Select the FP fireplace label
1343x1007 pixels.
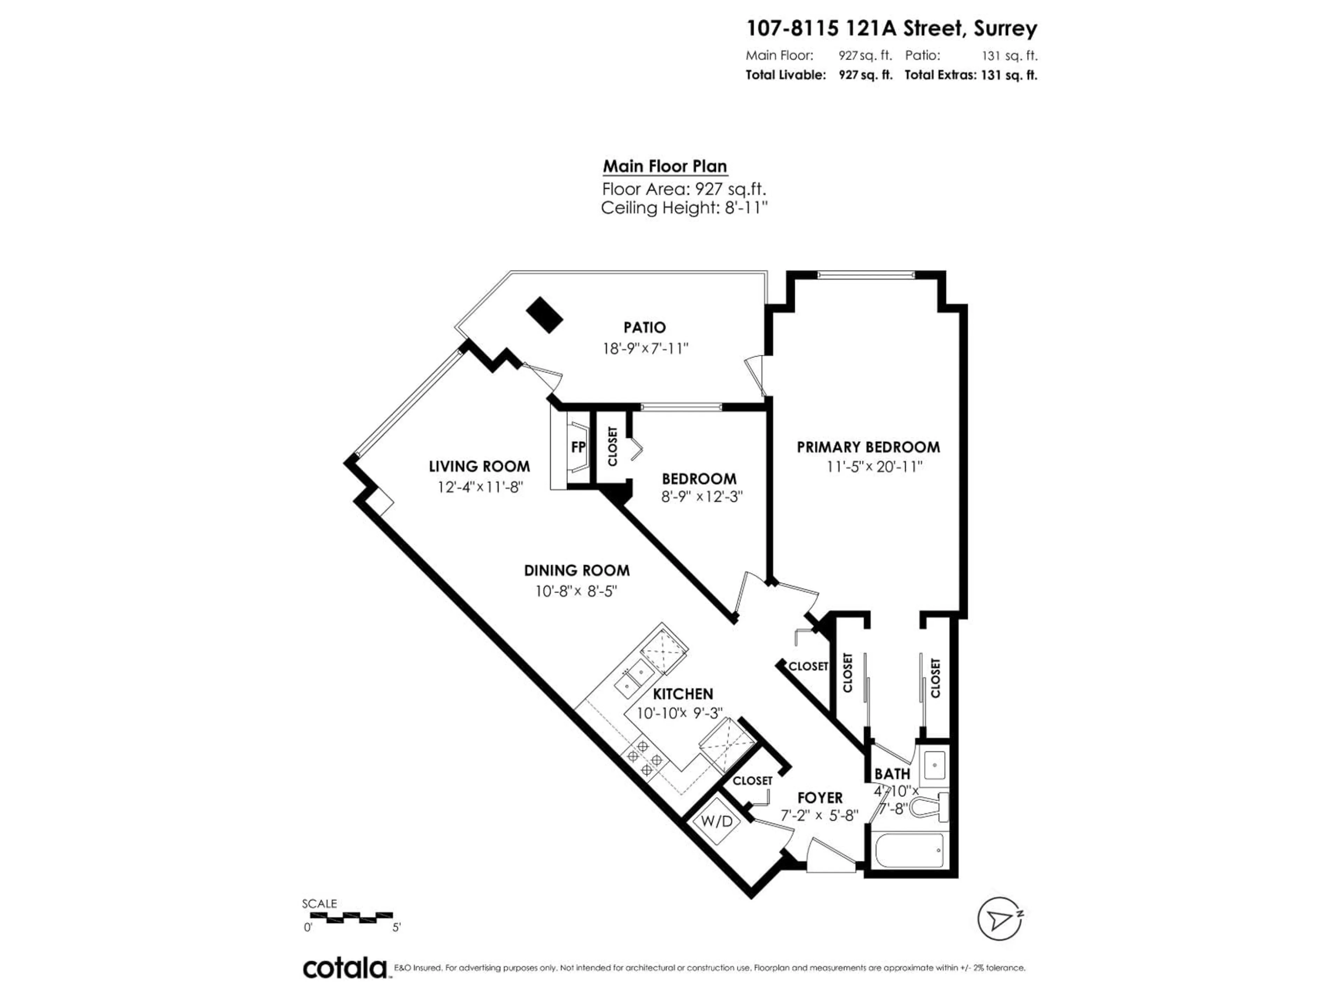point(578,447)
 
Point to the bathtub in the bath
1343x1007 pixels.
point(908,851)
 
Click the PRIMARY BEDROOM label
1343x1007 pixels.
point(868,447)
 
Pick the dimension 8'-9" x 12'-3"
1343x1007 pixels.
point(702,497)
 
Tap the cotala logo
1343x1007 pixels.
point(345,968)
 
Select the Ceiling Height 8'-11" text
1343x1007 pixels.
point(684,208)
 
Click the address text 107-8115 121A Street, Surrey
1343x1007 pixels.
point(891,29)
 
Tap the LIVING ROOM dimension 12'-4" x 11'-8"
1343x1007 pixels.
point(479,487)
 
